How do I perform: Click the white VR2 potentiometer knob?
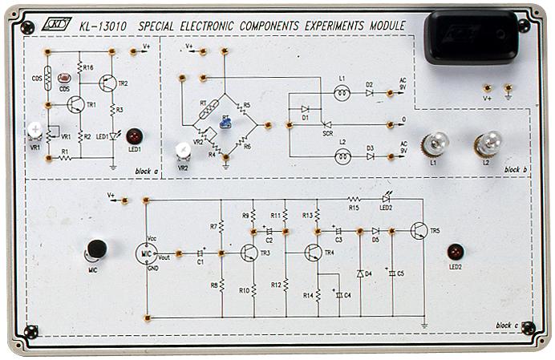coord(183,149)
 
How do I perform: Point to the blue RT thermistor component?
coord(227,122)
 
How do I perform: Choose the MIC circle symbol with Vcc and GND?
coord(146,252)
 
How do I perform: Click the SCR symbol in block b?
coord(326,124)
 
